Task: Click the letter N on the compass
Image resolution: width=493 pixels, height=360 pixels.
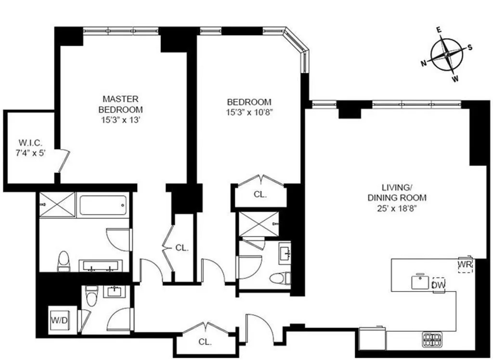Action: pyautogui.click(x=423, y=63)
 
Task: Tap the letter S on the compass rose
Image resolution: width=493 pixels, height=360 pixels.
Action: pyautogui.click(x=470, y=47)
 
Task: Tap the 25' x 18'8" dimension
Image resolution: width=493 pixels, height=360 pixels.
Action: pyautogui.click(x=397, y=209)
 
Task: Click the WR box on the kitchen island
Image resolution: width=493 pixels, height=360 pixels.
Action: pyautogui.click(x=465, y=265)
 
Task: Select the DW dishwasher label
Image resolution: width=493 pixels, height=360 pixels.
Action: pyautogui.click(x=439, y=285)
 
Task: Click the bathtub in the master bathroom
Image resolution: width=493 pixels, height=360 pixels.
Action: pyautogui.click(x=104, y=204)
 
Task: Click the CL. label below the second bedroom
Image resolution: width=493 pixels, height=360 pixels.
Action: pyautogui.click(x=260, y=195)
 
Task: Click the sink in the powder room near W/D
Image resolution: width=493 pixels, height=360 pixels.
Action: pyautogui.click(x=115, y=292)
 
